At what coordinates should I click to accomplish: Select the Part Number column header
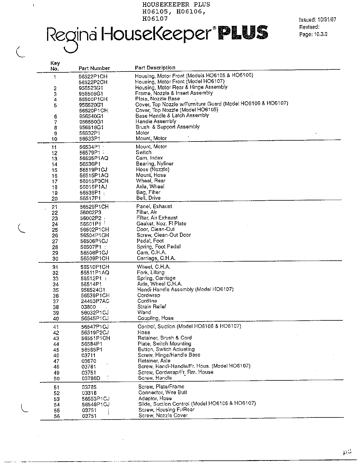click(94, 68)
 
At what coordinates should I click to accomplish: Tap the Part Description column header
click(155, 68)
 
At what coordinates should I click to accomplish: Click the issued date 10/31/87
click(326, 20)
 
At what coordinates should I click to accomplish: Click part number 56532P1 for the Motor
click(90, 133)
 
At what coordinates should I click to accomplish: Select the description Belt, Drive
click(148, 198)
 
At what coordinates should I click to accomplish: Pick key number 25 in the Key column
click(55, 230)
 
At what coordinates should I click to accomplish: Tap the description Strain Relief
click(152, 307)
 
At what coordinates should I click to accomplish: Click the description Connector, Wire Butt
click(163, 392)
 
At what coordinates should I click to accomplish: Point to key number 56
click(57, 416)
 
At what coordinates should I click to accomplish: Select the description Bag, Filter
click(148, 192)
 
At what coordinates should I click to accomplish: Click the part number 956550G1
click(91, 122)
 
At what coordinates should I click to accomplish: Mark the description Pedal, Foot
click(150, 241)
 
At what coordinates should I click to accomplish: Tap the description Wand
click(144, 312)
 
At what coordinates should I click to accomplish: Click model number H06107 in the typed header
click(155, 19)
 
